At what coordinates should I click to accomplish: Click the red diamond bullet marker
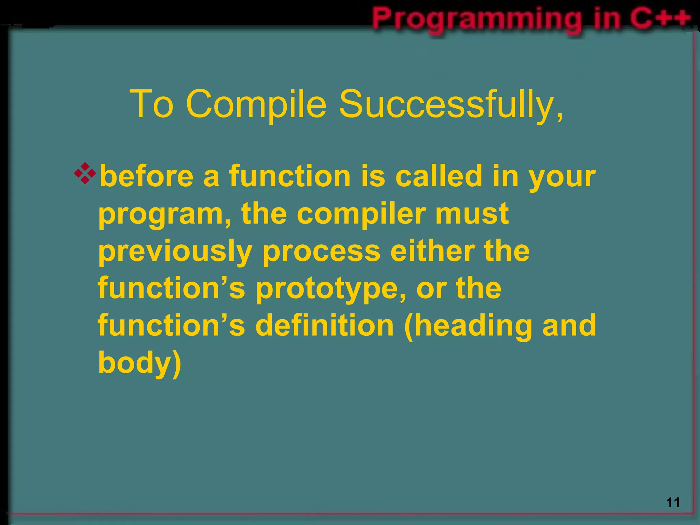85,174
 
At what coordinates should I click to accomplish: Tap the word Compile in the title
256,104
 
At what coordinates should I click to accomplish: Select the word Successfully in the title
451,104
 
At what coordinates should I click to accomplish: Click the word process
321,252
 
